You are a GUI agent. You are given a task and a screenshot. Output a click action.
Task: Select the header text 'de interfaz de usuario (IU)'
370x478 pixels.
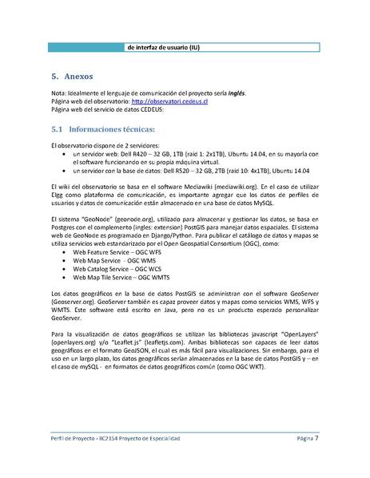(163, 47)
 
